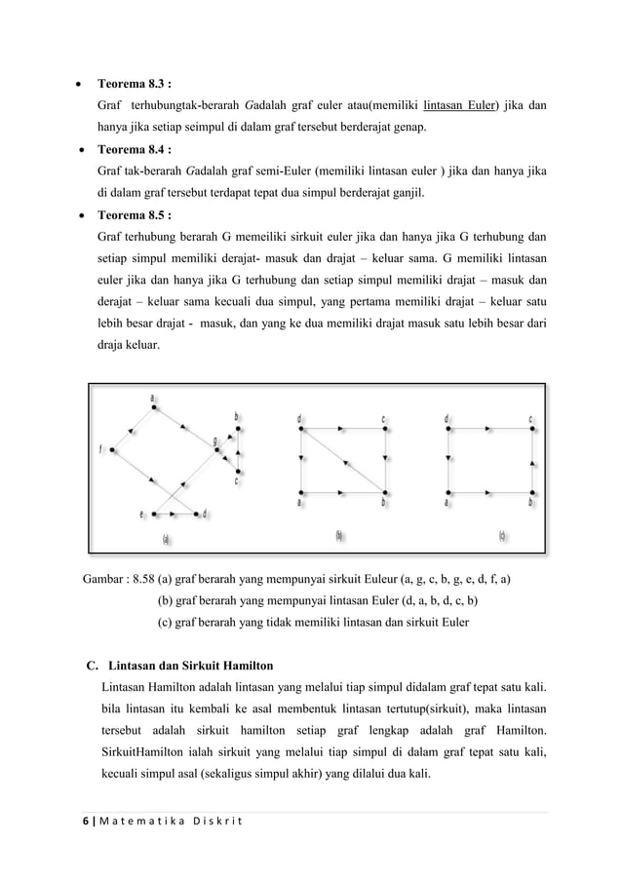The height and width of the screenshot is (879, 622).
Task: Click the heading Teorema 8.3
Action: (x=136, y=83)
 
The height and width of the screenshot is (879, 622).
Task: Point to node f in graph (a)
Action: (x=114, y=449)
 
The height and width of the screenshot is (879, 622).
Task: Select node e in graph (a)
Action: (x=148, y=513)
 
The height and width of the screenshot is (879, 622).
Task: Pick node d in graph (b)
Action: (x=301, y=428)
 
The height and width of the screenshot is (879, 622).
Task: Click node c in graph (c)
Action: (x=531, y=428)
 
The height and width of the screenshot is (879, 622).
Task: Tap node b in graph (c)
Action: (x=531, y=491)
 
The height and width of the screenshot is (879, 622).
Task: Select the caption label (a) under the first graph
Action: (x=168, y=537)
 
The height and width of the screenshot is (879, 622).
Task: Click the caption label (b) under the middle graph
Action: (x=338, y=536)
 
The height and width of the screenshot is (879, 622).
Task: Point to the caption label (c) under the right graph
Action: (x=502, y=536)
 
